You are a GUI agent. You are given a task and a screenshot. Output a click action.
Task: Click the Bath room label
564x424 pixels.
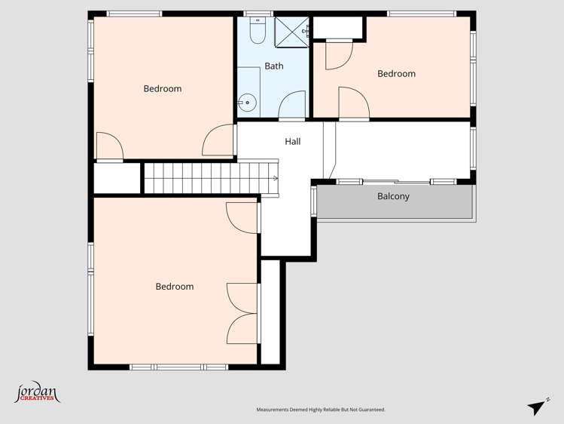(274, 66)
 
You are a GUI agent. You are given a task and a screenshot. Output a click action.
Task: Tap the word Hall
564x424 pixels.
(293, 141)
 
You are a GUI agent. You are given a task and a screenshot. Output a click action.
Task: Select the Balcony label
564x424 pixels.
(393, 197)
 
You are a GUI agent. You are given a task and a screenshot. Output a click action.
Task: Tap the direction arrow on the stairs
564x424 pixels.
(275, 178)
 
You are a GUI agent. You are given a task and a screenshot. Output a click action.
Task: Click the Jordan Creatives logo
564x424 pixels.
(37, 393)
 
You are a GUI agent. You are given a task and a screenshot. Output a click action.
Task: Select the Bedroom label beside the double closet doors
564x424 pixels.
(175, 287)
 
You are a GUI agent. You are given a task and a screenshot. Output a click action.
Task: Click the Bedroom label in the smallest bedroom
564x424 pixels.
(396, 74)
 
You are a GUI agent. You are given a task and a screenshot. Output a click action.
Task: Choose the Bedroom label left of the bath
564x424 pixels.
(163, 89)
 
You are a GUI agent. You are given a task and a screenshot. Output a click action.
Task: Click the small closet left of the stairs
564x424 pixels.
(117, 178)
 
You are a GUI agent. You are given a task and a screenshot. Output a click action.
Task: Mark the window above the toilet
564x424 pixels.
(255, 14)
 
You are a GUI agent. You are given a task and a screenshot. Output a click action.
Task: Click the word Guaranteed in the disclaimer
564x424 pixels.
(368, 410)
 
